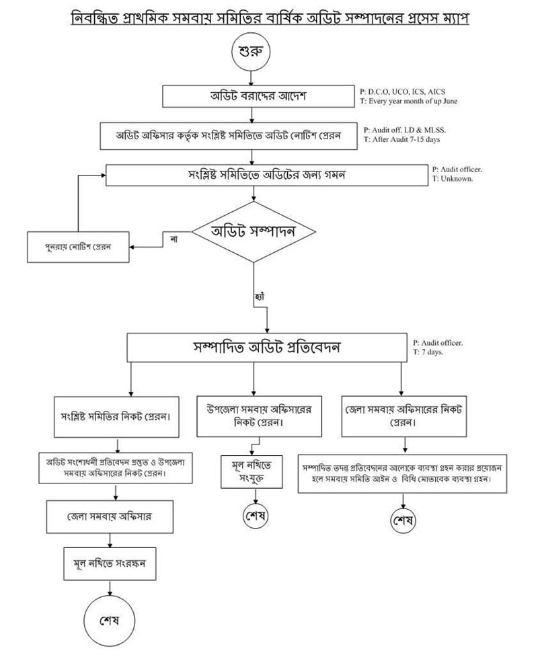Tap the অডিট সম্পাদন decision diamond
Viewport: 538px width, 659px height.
coord(254,232)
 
